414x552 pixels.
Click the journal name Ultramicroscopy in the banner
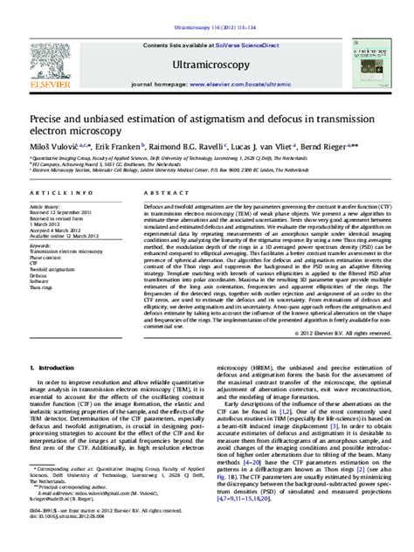click(x=206, y=64)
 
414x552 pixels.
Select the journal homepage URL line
click(x=206, y=87)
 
